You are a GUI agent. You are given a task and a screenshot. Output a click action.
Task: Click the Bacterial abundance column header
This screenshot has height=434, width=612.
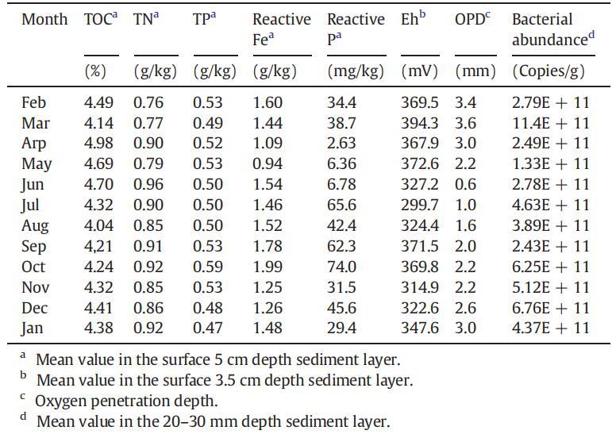pyautogui.click(x=553, y=29)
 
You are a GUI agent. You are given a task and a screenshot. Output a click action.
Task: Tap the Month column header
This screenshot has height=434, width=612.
pyautogui.click(x=44, y=19)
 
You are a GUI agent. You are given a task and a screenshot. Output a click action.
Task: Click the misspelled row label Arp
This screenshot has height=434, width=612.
pyautogui.click(x=34, y=143)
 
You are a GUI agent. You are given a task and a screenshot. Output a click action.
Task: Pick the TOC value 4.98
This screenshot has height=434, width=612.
pyautogui.click(x=99, y=143)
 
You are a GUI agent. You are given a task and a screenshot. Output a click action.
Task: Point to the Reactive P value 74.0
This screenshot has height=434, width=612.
pyautogui.click(x=342, y=267)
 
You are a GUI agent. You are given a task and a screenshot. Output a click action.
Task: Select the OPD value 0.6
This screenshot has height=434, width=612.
pyautogui.click(x=467, y=184)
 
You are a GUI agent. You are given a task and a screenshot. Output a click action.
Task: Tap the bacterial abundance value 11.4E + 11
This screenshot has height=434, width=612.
pyautogui.click(x=550, y=122)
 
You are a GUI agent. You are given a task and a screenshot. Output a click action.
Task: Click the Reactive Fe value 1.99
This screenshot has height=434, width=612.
pyautogui.click(x=268, y=267)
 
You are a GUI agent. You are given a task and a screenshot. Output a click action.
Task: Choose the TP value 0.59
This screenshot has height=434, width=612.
pyautogui.click(x=208, y=267)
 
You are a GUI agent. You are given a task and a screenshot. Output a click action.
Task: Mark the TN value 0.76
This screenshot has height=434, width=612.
pyautogui.click(x=148, y=102)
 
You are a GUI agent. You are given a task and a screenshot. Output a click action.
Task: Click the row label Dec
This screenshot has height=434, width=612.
pyautogui.click(x=35, y=308)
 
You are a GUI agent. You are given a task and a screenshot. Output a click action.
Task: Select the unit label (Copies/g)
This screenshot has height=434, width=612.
pyautogui.click(x=548, y=71)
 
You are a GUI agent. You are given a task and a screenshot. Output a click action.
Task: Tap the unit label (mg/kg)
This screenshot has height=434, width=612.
pyautogui.click(x=356, y=71)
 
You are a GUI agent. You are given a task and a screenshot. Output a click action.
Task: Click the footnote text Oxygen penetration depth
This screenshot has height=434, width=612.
pyautogui.click(x=126, y=401)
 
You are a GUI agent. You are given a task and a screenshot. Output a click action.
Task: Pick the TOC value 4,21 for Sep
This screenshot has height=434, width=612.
pyautogui.click(x=99, y=246)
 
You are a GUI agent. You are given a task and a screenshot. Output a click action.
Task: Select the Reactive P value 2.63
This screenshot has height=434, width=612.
pyautogui.click(x=342, y=143)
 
